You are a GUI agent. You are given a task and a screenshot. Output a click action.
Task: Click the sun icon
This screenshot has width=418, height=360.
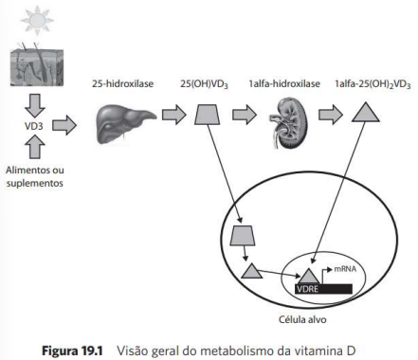tap(37, 20)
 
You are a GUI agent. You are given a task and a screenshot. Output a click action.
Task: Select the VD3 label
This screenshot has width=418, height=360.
tap(34, 126)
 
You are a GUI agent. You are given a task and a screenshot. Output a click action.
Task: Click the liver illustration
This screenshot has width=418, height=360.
tap(125, 124)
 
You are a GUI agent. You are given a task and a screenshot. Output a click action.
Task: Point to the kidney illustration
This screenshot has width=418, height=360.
tap(288, 123)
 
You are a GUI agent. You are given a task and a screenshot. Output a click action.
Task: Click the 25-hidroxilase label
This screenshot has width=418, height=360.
tap(123, 83)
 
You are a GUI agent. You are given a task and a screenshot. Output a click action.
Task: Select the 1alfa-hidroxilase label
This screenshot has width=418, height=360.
tap(284, 83)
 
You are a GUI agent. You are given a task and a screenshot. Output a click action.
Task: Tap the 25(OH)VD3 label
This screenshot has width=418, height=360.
tap(205, 84)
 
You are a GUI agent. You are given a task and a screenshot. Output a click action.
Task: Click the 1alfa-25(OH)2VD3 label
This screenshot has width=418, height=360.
tap(373, 84)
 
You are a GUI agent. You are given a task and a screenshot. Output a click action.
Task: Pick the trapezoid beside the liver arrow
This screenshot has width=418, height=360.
tap(208, 115)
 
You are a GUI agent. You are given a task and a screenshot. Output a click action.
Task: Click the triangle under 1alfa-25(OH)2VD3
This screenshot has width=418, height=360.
tap(366, 112)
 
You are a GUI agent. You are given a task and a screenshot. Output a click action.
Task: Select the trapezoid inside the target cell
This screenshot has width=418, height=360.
tap(243, 236)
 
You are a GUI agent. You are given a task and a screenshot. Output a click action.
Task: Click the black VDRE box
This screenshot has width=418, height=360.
tap(323, 289)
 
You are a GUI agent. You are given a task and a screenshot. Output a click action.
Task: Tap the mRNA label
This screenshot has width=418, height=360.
tap(345, 269)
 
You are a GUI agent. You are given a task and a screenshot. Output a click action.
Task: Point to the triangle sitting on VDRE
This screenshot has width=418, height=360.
tap(309, 277)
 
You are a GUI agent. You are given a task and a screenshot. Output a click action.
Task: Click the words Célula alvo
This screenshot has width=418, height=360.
tap(302, 319)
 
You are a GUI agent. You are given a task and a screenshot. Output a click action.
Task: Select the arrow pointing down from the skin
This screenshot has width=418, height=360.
tap(34, 105)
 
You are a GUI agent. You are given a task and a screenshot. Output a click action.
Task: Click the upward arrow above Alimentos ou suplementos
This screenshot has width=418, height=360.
tap(34, 147)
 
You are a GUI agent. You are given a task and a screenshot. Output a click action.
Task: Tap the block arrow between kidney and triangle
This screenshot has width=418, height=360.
tap(331, 114)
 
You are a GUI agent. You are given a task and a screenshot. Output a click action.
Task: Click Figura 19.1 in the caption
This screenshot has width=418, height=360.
tap(72, 351)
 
